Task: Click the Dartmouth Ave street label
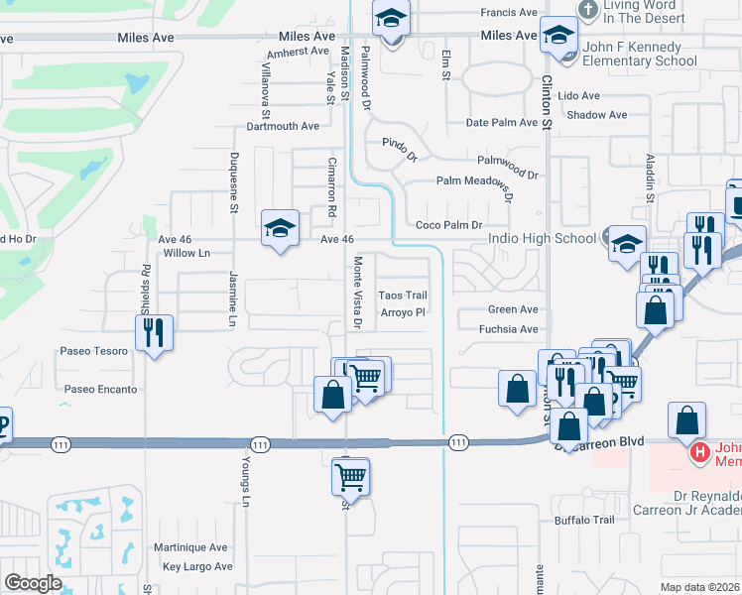(283, 126)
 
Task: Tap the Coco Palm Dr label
(448, 225)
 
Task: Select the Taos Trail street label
(404, 296)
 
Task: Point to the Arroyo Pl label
(403, 312)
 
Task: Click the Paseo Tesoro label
(93, 351)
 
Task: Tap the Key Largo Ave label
(197, 567)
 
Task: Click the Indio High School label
(542, 238)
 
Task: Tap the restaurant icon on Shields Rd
(154, 331)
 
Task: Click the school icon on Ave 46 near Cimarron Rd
(280, 229)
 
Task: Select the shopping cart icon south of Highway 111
(350, 476)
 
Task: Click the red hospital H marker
(700, 453)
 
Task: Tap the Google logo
(33, 583)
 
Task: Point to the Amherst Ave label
(298, 51)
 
